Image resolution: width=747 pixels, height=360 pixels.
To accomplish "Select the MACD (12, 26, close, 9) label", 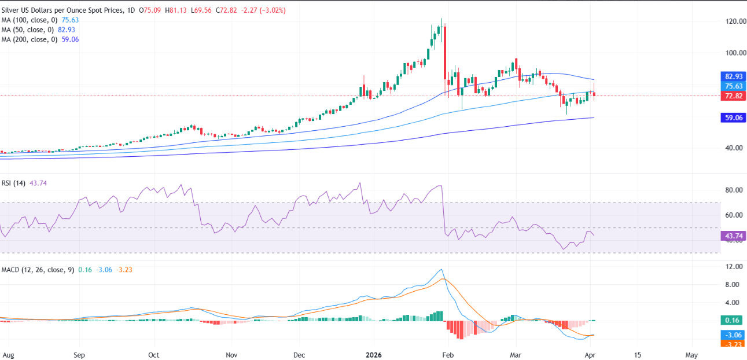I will click(37, 269).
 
